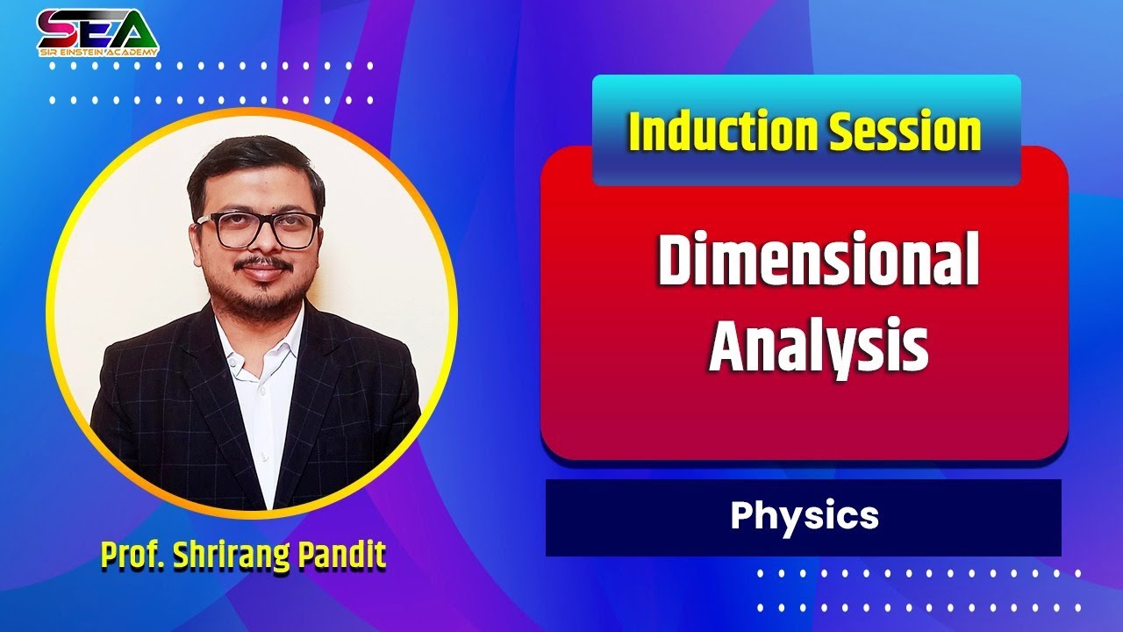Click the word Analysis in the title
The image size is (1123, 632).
click(818, 346)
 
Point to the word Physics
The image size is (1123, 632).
click(804, 516)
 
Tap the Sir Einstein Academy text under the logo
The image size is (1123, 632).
click(97, 53)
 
